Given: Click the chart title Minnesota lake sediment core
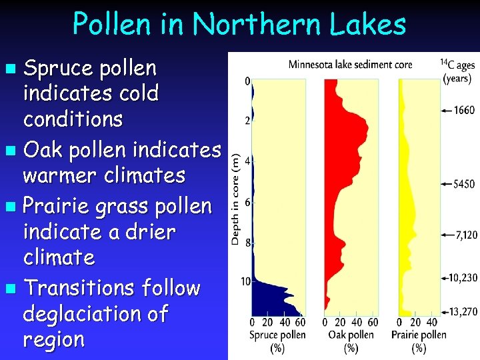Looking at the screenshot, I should [x=350, y=65].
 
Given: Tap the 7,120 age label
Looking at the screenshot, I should [x=464, y=235].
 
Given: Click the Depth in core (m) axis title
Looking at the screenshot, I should [x=236, y=197].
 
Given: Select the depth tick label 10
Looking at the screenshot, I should [x=245, y=282].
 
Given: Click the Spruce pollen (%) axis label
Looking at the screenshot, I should [x=277, y=340].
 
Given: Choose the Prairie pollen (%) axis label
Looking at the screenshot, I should [x=419, y=340].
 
